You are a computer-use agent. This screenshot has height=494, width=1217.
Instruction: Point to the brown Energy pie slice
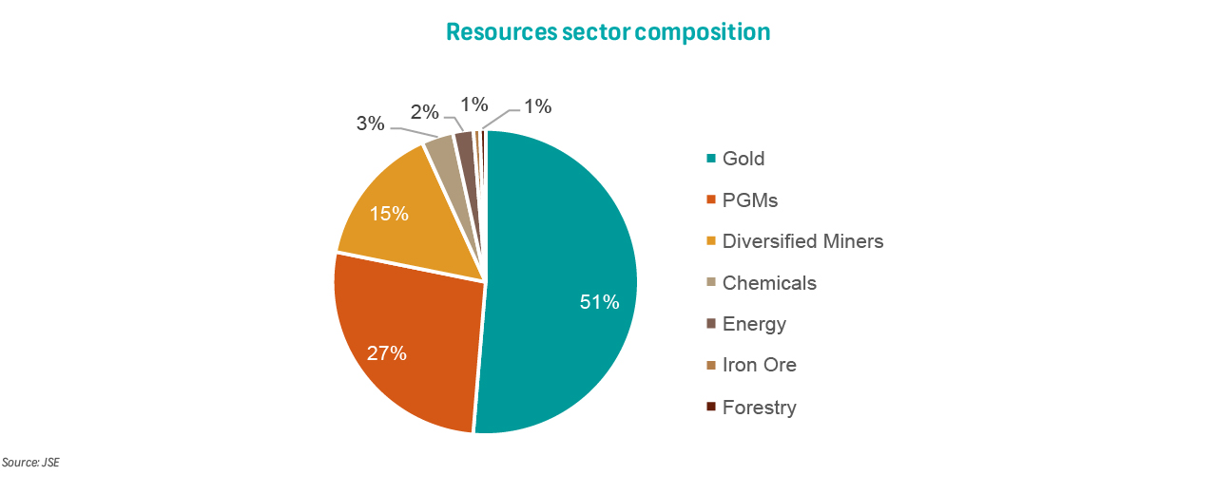(465, 143)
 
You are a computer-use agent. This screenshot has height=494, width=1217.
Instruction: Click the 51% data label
(600, 302)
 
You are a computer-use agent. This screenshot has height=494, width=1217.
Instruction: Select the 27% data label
(387, 353)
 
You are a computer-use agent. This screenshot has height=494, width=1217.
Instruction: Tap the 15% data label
(389, 214)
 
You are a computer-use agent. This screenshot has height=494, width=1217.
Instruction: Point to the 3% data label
(371, 123)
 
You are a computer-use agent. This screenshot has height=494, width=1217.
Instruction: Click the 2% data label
(425, 112)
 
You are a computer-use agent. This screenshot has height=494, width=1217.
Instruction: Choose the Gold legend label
(744, 159)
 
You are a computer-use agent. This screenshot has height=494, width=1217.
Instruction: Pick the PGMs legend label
(750, 200)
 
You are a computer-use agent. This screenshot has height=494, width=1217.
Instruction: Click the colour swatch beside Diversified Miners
(710, 241)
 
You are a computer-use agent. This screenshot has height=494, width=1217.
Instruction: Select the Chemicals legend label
(769, 283)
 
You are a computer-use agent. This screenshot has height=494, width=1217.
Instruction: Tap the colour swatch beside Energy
(710, 324)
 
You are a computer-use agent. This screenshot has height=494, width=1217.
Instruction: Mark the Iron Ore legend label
(760, 365)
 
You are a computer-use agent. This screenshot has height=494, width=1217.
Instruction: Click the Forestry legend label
(759, 408)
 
